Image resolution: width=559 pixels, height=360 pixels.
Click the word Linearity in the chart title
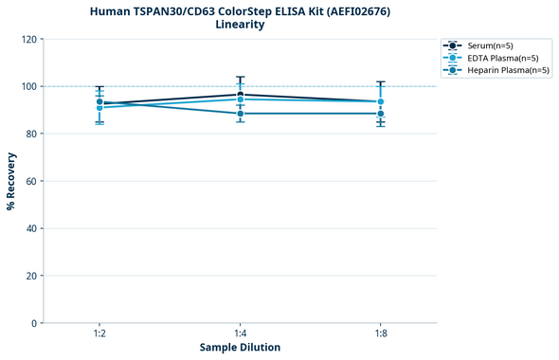click(x=240, y=25)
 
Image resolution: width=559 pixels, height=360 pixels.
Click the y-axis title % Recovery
click(x=11, y=181)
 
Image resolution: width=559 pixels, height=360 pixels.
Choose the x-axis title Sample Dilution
click(x=240, y=348)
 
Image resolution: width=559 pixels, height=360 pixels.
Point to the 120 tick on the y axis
click(x=29, y=40)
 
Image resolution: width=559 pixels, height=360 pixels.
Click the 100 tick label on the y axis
click(x=29, y=87)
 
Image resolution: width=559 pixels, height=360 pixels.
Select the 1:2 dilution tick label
click(x=99, y=334)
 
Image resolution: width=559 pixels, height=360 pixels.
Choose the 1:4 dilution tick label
click(x=240, y=334)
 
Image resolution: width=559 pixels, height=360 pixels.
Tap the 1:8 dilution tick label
click(x=380, y=334)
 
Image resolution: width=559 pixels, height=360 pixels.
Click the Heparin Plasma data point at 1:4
click(x=240, y=114)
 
